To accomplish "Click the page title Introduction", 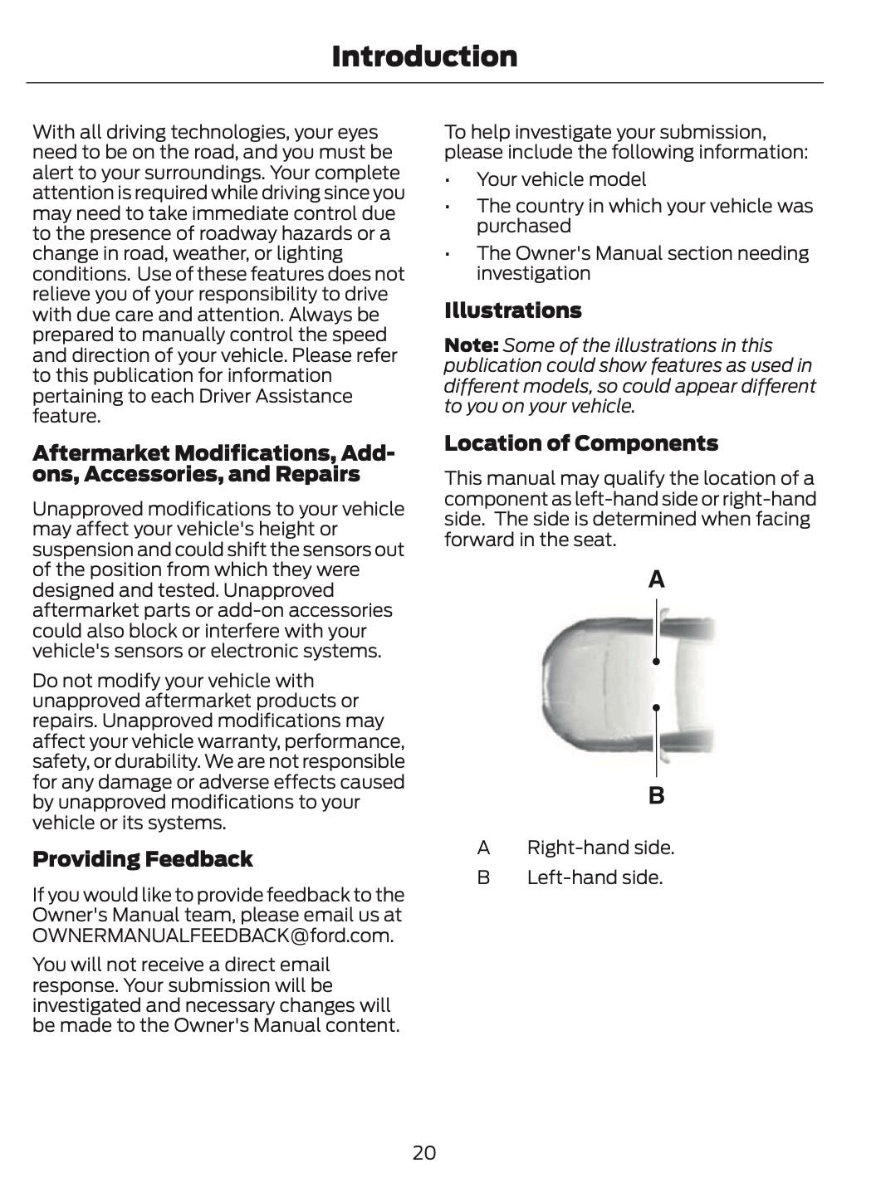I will point(423,56).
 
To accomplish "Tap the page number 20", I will point(423,1152).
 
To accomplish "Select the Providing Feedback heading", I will point(142,859).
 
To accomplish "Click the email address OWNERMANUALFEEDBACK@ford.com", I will point(213,936).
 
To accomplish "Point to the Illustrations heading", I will point(512,310).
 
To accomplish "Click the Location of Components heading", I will point(580,443).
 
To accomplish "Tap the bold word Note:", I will point(471,345).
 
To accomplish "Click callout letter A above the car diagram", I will point(656,580).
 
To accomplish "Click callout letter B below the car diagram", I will point(656,796).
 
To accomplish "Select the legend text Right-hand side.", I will point(600,848).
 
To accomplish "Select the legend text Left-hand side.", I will point(595,877).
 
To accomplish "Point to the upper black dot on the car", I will point(656,662).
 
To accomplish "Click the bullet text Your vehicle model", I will point(560,179).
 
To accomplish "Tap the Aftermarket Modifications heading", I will point(213,464).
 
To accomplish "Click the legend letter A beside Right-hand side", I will point(483,848).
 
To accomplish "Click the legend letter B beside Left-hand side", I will point(483,877).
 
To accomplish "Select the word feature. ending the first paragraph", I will point(66,416).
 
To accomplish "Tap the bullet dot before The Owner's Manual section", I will point(448,254).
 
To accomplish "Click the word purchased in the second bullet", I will point(523,227).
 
